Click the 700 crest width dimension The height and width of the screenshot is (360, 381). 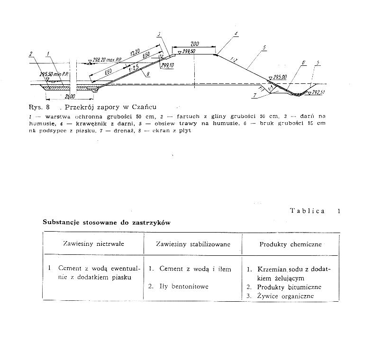coord(195,44)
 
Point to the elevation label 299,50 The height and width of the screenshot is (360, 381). coord(189,51)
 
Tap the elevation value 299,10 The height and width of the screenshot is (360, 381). coord(167,66)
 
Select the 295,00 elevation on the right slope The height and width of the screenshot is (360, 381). coord(280,76)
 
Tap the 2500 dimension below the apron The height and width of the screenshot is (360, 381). coord(59,96)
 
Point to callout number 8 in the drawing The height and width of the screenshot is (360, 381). coord(148,74)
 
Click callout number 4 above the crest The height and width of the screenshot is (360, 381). coord(236,34)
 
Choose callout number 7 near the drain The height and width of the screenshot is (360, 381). coord(255,95)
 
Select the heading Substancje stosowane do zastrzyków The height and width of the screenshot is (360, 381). coord(106,222)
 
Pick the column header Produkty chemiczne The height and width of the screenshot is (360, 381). coord(290,244)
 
